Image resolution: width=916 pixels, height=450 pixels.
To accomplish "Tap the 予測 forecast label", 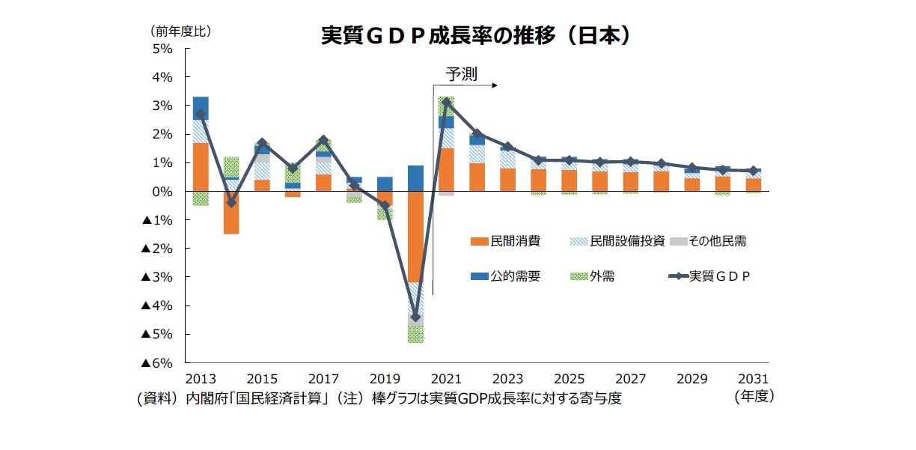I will point(461,73).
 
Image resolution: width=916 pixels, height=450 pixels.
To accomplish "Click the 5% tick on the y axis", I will point(163,49).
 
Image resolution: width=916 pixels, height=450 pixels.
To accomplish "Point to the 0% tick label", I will point(163,192).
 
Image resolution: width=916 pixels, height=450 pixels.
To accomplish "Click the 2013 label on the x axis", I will point(201,379).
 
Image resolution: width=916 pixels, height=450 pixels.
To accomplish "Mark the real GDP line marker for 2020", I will point(415,317).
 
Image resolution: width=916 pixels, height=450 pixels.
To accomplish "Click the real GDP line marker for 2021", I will point(446,102).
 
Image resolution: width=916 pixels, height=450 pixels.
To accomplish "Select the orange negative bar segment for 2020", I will point(415,237).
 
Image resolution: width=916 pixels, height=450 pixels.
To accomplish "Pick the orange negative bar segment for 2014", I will point(231,213).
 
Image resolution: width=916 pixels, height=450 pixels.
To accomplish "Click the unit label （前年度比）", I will point(180,31).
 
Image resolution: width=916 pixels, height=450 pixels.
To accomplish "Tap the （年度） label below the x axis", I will point(754,397).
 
